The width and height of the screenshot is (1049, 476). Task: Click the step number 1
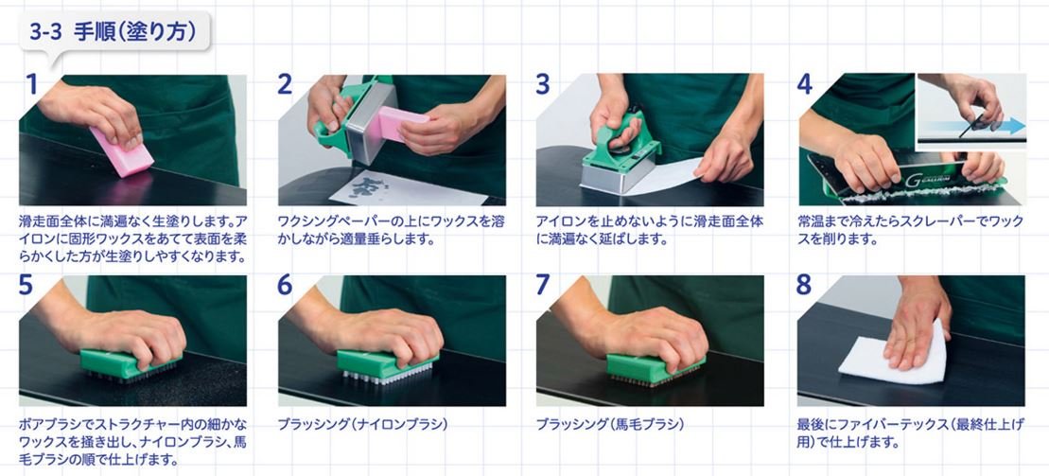point(30,84)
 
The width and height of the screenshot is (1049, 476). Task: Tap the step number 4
point(805,84)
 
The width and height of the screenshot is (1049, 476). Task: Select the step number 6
point(286,284)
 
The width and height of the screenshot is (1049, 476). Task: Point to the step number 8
point(805,284)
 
